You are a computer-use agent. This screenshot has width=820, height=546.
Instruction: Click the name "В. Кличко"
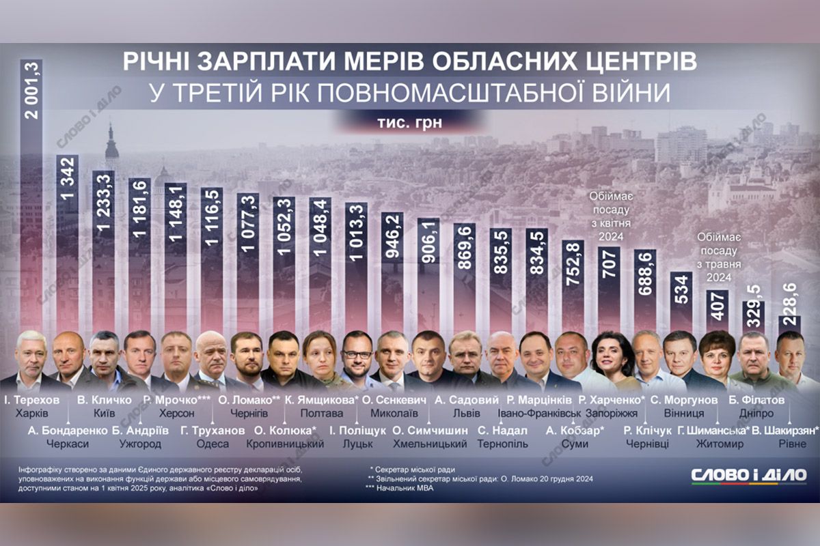coord(104,399)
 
